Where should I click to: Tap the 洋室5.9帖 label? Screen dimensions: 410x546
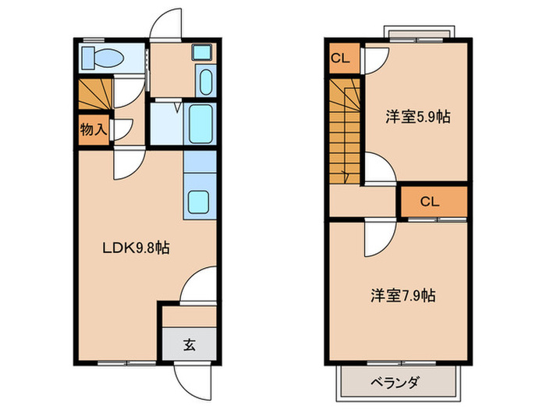418,118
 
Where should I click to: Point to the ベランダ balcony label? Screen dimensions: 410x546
395,382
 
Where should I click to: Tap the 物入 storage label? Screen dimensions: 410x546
91,129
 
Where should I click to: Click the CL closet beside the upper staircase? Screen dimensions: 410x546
341,58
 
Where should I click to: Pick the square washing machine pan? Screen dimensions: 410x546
202,53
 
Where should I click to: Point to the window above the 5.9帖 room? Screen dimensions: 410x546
419,34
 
